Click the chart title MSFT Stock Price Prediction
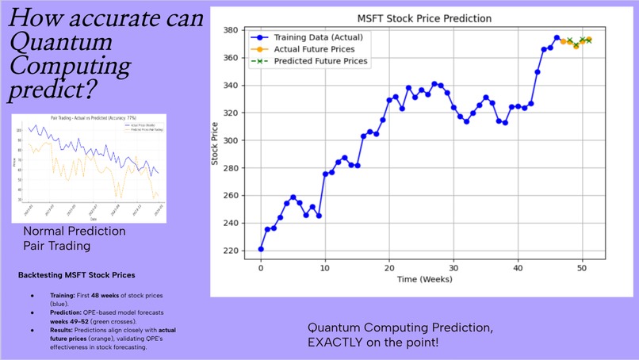(x=424, y=17)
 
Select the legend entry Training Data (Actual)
(x=319, y=36)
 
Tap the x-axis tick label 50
(x=582, y=270)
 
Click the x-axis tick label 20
(x=388, y=270)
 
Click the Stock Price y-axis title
(x=214, y=141)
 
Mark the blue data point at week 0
(x=261, y=249)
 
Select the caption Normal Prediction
(x=75, y=231)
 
